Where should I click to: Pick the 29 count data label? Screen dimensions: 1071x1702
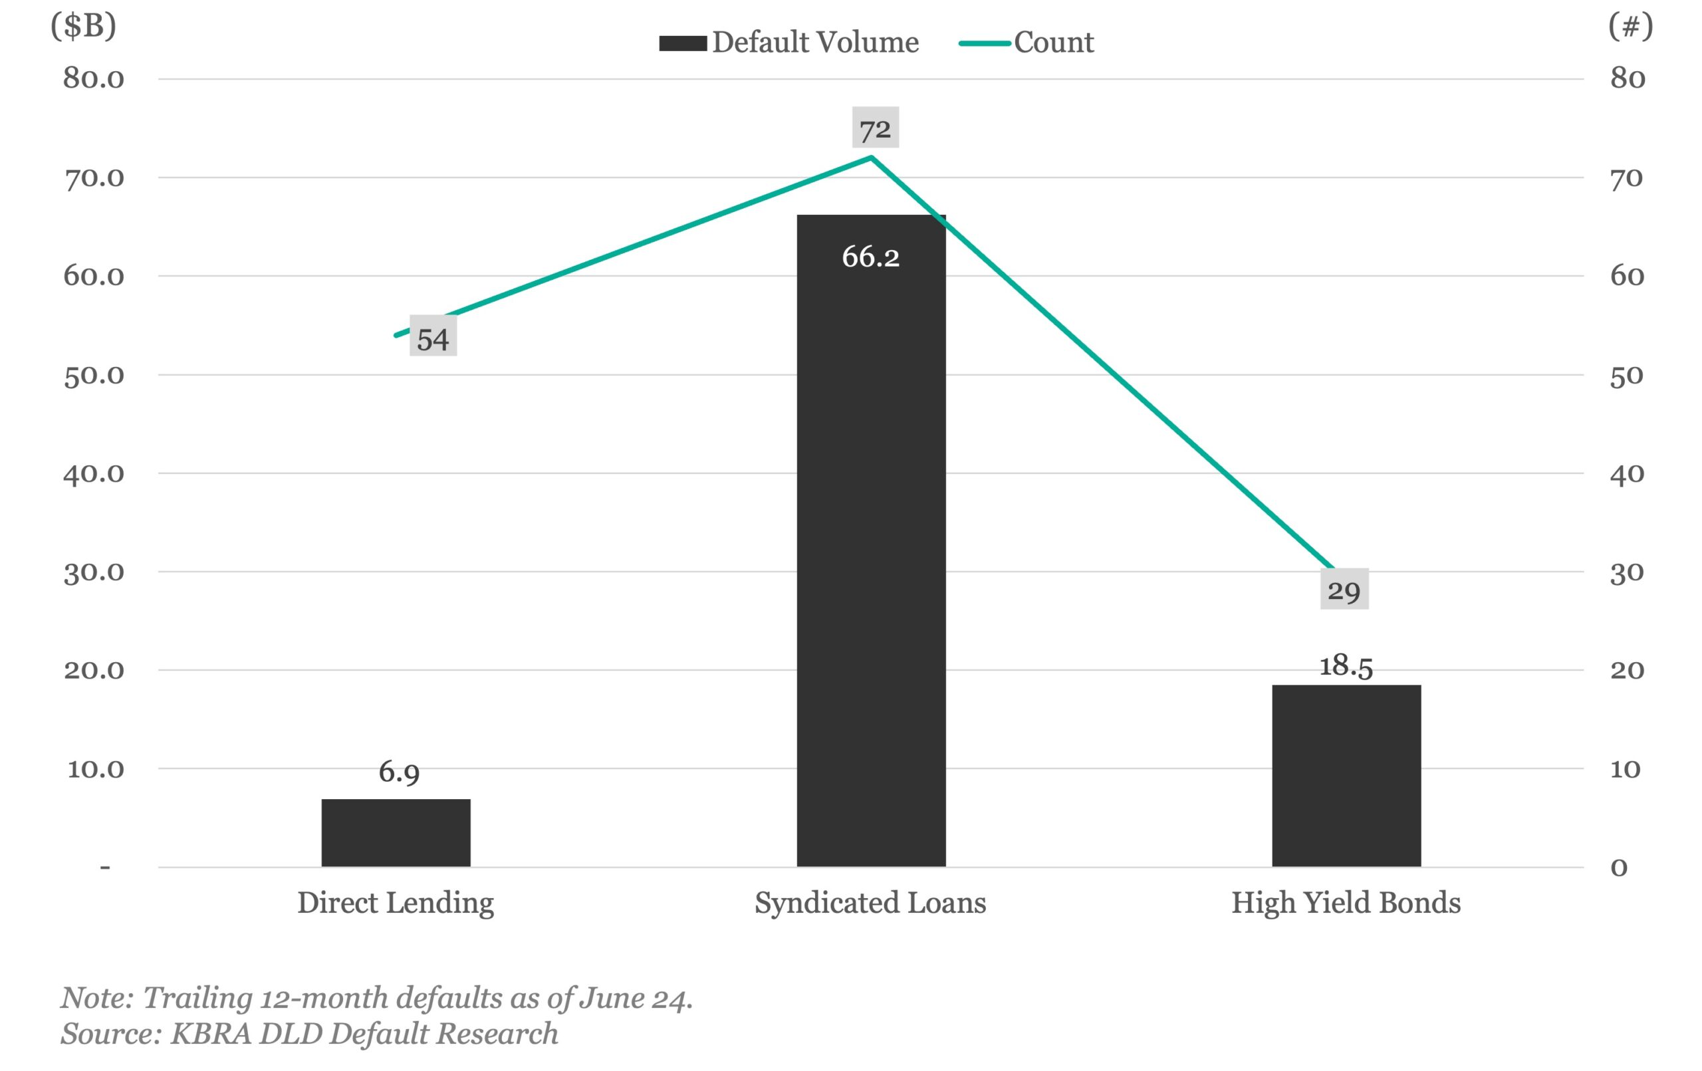[x=1344, y=589]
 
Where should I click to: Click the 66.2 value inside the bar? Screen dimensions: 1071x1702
[x=870, y=256]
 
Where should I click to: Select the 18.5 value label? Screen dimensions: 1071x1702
[x=1346, y=665]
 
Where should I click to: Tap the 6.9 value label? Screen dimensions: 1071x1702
[x=399, y=771]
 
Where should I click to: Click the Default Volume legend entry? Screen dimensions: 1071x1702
[x=789, y=43]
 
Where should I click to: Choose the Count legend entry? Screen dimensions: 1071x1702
[x=1027, y=43]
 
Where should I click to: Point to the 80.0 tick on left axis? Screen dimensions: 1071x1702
[x=93, y=78]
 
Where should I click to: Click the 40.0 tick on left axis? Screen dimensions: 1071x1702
[x=93, y=473]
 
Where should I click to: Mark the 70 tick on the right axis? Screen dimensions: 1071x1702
[x=1626, y=178]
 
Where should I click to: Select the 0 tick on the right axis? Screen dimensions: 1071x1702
[x=1619, y=867]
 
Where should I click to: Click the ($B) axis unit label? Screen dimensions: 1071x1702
[x=83, y=26]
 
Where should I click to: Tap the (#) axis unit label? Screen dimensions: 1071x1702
[x=1630, y=26]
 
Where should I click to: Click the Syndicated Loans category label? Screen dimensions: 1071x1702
[x=870, y=903]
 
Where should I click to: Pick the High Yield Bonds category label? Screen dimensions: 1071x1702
[x=1346, y=903]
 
